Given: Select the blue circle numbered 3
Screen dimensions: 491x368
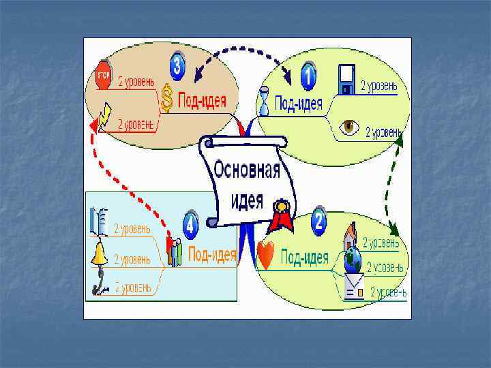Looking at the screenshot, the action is pos(178,65).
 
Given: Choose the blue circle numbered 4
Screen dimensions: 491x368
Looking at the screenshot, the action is pos(191,224).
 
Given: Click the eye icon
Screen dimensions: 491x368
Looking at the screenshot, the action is pos(350,127).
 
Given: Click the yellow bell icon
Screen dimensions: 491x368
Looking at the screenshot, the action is pos(100,255).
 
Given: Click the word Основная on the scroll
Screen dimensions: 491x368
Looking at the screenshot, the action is pos(247,169).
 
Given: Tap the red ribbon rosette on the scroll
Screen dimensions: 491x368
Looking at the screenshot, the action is pos(280,217).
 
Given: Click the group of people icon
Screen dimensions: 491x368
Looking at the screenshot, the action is pos(176,252).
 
